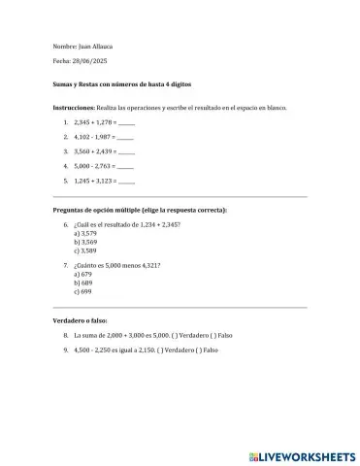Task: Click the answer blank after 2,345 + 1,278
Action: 125,124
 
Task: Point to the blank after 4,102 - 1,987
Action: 125,138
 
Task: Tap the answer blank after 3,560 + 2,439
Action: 125,152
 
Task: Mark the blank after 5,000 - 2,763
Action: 125,166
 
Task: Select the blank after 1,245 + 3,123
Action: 125,181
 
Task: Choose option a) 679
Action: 83,274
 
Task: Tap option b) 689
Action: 83,283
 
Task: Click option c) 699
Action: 83,291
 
